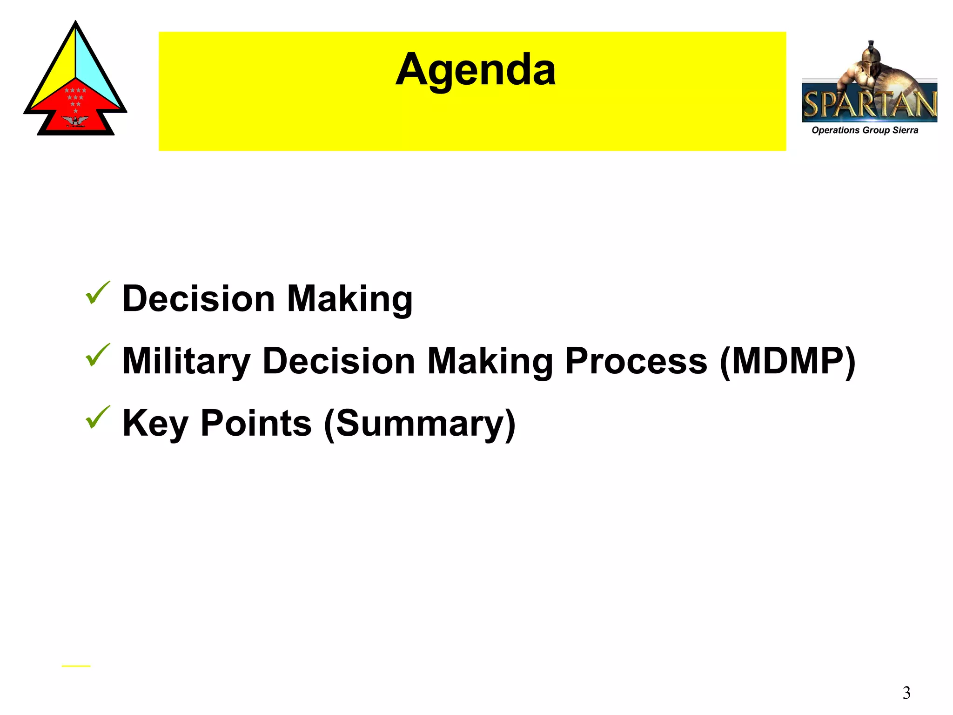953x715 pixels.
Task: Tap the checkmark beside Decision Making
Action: (97, 293)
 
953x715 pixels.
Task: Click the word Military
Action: (186, 362)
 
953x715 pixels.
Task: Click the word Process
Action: (636, 362)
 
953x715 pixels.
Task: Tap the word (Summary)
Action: (419, 424)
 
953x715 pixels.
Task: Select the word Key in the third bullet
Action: (155, 424)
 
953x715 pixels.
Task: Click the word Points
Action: (256, 424)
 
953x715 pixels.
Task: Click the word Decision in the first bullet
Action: (198, 299)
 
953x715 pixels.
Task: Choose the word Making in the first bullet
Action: (349, 299)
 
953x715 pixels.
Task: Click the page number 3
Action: (906, 693)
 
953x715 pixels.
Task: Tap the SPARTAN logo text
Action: (869, 104)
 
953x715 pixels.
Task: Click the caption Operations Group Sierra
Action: (865, 130)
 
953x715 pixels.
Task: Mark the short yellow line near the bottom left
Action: (76, 666)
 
